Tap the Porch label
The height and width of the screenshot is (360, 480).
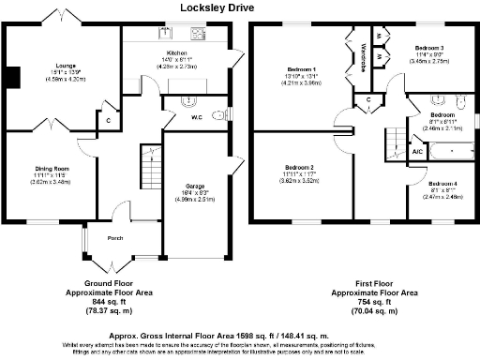pos(115,238)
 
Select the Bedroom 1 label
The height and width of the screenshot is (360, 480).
pos(300,69)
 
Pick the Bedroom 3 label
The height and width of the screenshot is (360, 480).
pos(429,47)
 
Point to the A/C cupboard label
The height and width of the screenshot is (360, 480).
pos(417,151)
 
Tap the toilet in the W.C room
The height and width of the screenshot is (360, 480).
pos(218,118)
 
